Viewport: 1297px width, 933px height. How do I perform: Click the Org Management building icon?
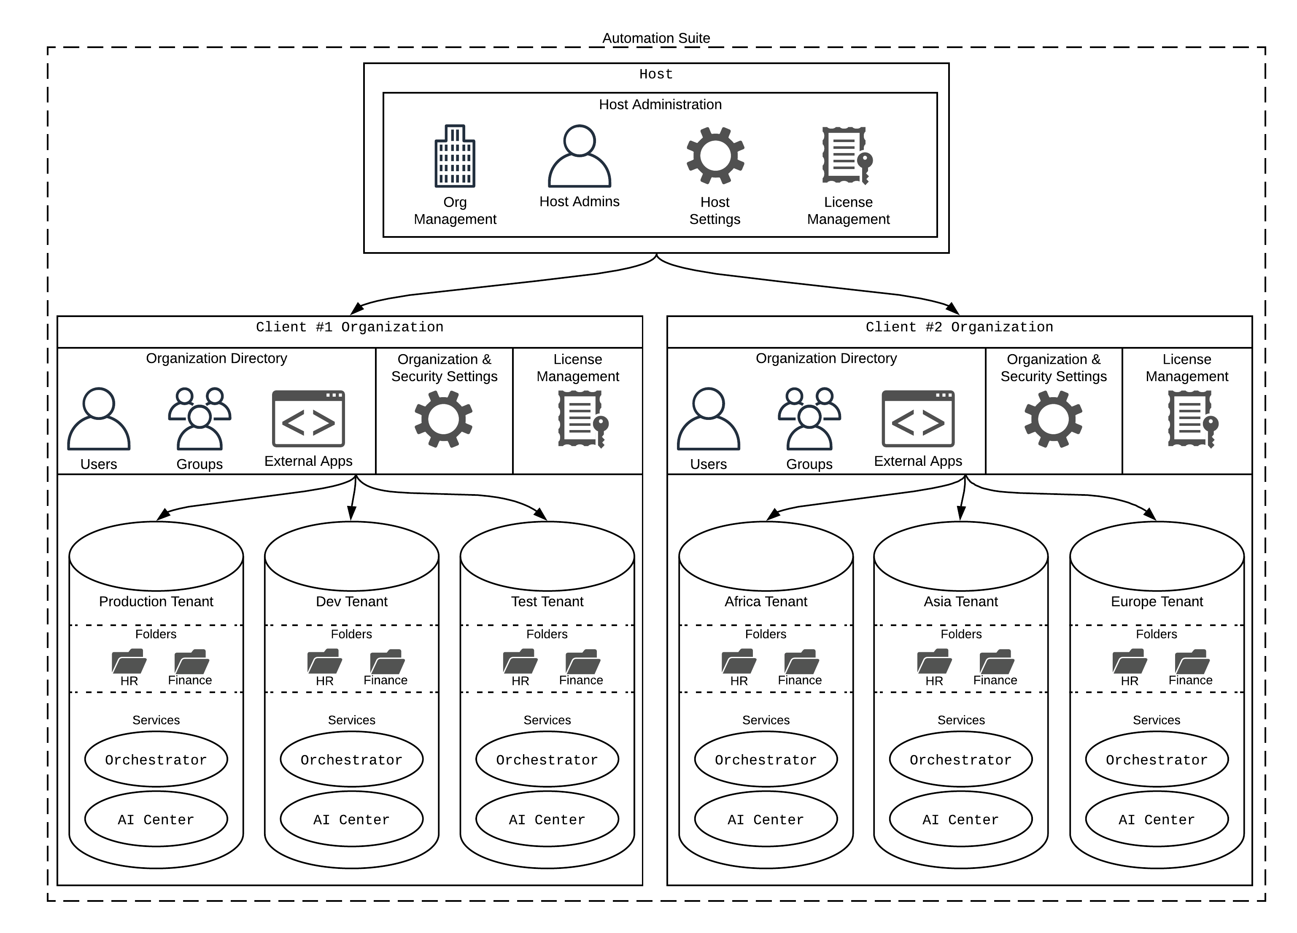[x=455, y=156]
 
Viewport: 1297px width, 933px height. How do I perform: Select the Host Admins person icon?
[x=579, y=156]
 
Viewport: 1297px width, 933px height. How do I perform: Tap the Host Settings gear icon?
[x=715, y=156]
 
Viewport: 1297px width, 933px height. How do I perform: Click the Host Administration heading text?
[x=660, y=105]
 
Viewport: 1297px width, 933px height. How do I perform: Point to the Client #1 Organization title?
[x=349, y=327]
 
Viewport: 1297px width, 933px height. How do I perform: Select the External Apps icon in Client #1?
[x=308, y=419]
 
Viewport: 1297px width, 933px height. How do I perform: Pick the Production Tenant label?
[x=156, y=602]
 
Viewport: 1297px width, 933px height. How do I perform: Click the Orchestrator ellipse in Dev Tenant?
[x=351, y=759]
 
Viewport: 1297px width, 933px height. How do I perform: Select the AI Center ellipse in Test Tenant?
[x=547, y=819]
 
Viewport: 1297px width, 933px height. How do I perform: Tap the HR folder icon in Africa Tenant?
[x=739, y=661]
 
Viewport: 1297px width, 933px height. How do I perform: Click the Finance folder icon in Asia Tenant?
[x=996, y=661]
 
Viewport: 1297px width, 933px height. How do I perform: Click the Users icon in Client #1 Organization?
[x=99, y=419]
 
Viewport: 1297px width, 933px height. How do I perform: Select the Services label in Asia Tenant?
[x=961, y=720]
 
